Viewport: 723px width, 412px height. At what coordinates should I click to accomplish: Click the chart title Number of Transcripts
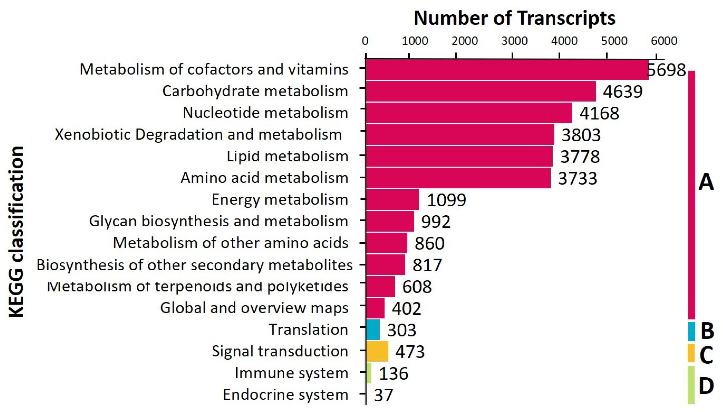[x=514, y=18]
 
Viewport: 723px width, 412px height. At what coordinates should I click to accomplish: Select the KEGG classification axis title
[x=16, y=232]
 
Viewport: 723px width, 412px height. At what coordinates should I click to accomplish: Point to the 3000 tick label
[x=514, y=41]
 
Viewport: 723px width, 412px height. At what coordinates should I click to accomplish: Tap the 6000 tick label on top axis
[x=664, y=41]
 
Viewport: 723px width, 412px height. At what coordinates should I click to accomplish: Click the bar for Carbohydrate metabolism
[x=481, y=91]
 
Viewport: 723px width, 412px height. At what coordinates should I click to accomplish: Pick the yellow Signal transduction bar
[x=377, y=351]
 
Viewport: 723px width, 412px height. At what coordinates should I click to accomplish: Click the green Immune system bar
[x=369, y=373]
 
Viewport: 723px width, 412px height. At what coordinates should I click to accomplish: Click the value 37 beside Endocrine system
[x=383, y=395]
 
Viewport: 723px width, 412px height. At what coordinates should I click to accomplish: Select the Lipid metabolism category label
[x=287, y=156]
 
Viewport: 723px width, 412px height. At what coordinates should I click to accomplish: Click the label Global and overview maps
[x=254, y=308]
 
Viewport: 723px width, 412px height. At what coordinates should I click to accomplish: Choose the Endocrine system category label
[x=285, y=395]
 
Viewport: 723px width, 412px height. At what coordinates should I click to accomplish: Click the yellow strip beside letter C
[x=691, y=353]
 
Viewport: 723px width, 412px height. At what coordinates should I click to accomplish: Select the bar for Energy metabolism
[x=393, y=200]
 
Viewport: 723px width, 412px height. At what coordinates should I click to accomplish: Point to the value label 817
[x=427, y=265]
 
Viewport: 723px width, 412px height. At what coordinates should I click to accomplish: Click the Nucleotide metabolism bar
[x=469, y=113]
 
